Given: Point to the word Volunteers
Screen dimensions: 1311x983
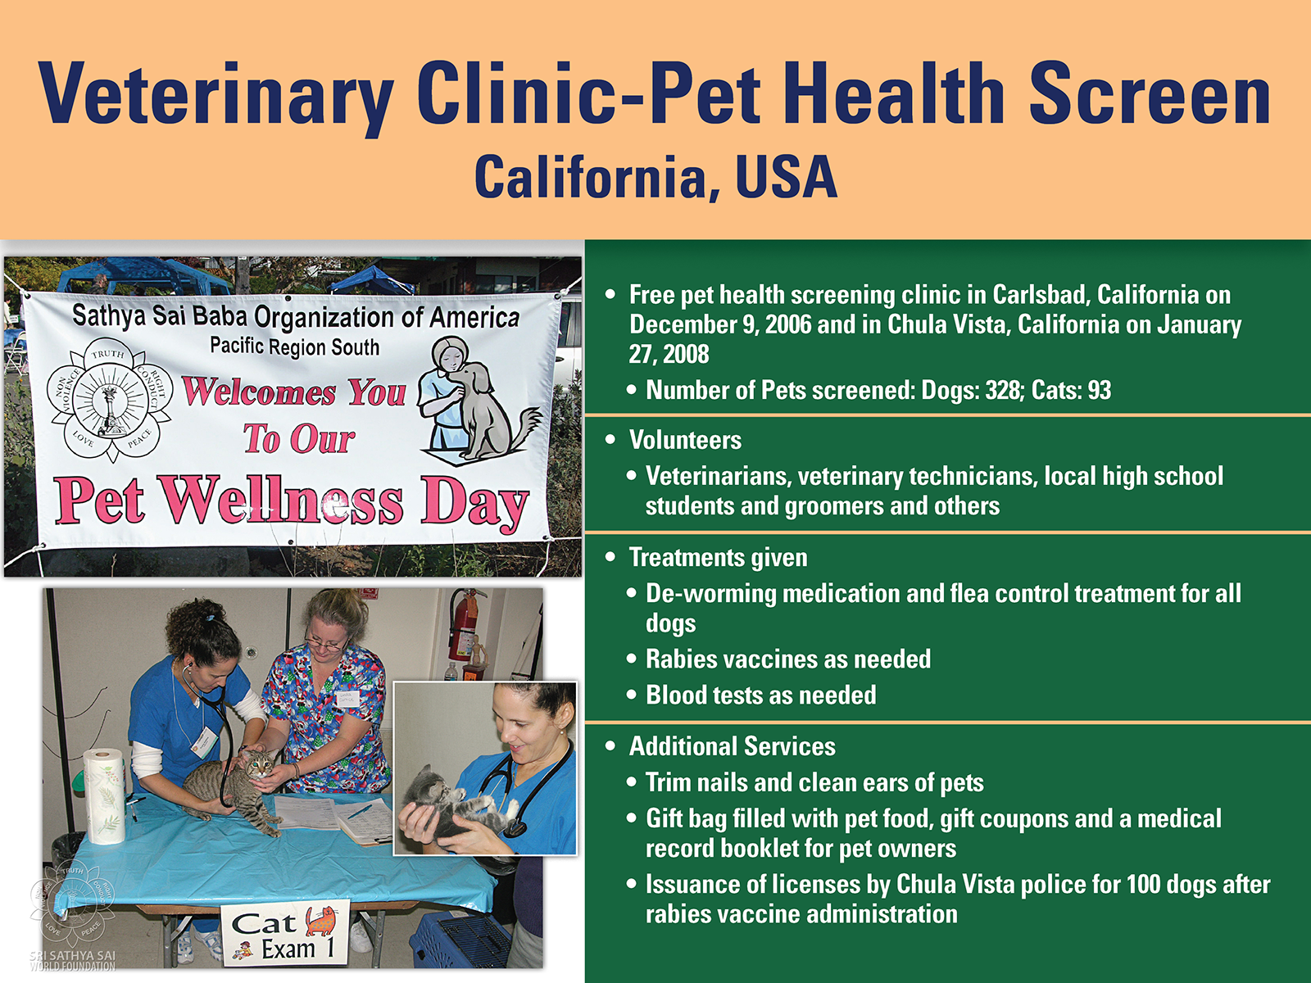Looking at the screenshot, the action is tap(685, 441).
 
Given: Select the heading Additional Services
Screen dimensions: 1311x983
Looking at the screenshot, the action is tap(733, 746).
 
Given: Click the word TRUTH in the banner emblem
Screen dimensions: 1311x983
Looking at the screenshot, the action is tap(107, 354).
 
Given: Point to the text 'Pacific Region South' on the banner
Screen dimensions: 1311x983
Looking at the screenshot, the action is tap(294, 347).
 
